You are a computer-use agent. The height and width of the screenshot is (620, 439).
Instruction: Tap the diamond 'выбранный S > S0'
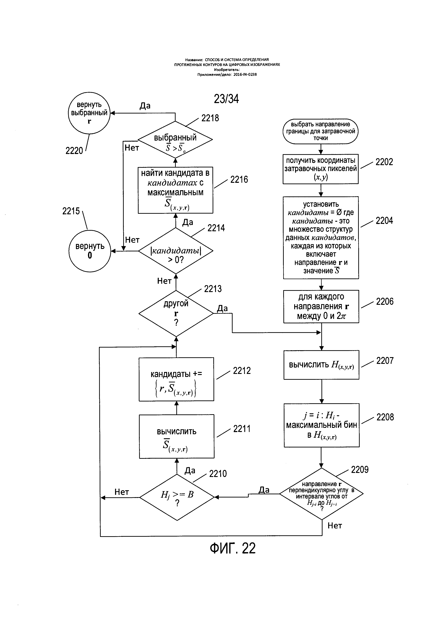175,140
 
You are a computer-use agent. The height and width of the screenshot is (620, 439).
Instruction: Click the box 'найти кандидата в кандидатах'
175,190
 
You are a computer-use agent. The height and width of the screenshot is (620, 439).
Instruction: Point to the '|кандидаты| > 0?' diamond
176,251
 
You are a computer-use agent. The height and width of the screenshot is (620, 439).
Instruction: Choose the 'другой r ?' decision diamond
176,313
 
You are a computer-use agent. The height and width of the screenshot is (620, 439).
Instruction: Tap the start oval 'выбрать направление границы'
321,131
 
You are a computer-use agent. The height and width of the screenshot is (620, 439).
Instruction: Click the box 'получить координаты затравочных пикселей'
321,169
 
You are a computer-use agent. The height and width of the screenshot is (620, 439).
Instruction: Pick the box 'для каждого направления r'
321,307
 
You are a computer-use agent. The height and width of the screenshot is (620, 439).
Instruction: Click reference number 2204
384,221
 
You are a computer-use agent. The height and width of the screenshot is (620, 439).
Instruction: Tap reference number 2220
74,150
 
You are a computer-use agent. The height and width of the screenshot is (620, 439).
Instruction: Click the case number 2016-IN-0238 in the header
245,75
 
